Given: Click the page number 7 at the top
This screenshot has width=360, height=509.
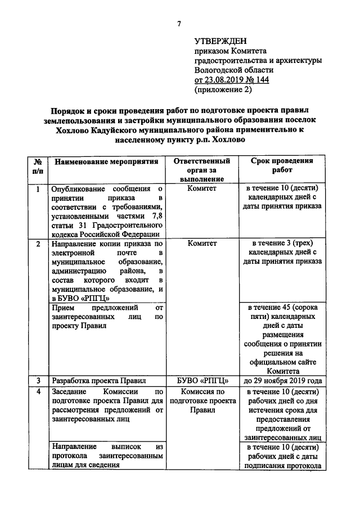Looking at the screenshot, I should (x=179, y=23).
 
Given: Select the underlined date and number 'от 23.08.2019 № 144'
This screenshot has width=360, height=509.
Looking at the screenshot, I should (x=231, y=79).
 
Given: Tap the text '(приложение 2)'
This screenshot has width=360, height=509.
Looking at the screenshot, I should (x=223, y=89).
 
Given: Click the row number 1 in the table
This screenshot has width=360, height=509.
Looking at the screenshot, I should (x=38, y=189).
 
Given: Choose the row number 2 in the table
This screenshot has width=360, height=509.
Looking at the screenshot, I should (x=38, y=244).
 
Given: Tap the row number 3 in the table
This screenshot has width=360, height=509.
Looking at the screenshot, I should (x=38, y=380).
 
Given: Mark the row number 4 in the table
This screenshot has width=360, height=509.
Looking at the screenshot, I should (x=38, y=391).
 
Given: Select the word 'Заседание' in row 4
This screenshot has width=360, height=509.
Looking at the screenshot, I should (x=70, y=391).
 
